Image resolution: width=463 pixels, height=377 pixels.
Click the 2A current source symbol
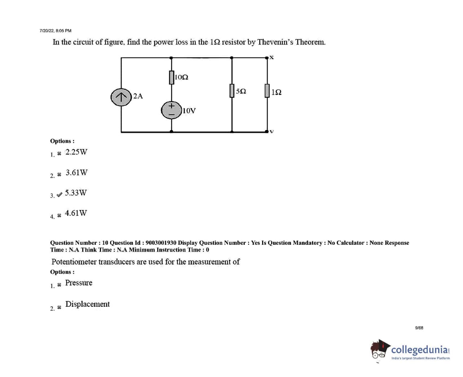tap(121, 97)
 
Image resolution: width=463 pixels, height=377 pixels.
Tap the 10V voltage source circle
tap(172, 110)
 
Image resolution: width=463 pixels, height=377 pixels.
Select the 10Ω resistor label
tap(181, 77)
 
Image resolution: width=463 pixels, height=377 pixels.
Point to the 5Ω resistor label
tap(241, 91)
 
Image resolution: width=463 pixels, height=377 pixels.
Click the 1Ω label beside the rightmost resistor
tap(276, 92)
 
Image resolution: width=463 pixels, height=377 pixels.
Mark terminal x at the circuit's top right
tap(271, 57)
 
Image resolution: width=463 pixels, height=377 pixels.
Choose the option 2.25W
tap(76, 152)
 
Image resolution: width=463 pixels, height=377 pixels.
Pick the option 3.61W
tap(76, 172)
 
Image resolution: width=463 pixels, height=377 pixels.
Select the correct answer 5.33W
tap(76, 192)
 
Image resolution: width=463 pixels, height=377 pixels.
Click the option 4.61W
tap(76, 213)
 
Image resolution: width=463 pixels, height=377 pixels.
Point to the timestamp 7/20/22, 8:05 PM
tap(56, 31)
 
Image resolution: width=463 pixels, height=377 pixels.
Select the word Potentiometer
tap(74, 262)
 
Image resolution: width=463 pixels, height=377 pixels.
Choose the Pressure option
tap(79, 283)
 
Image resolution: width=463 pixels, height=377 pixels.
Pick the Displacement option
tap(87, 304)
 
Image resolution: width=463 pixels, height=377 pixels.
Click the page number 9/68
tap(419, 328)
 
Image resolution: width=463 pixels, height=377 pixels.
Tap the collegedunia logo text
tap(420, 349)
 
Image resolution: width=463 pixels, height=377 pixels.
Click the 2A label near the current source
tap(138, 96)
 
